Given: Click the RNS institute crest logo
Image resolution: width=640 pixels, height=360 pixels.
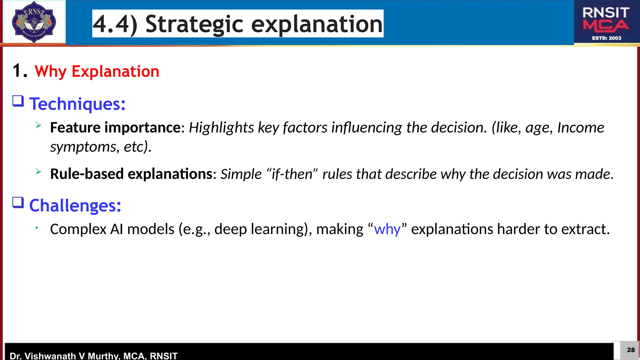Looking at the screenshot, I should [34, 22].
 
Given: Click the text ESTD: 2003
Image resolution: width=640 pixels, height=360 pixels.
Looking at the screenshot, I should [607, 38].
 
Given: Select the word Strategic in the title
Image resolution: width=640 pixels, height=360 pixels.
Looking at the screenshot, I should [194, 24].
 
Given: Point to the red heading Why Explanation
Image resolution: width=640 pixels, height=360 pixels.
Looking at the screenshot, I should [97, 71].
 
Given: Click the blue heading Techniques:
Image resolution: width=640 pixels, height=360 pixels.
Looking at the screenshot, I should [77, 104].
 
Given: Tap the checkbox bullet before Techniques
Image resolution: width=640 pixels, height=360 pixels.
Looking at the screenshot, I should [18, 101].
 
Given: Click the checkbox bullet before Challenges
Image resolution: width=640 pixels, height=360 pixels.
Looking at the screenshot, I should [18, 202].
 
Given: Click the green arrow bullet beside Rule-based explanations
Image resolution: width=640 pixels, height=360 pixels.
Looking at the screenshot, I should [38, 172].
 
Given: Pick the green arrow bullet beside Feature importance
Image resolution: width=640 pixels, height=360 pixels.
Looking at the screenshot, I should [38, 125].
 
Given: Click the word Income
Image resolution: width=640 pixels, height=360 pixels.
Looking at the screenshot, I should [581, 127].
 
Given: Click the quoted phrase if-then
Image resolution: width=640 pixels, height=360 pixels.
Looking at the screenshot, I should [292, 174].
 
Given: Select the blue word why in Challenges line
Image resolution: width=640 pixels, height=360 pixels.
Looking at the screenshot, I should [387, 229].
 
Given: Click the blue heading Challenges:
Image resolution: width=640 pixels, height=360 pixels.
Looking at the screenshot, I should [75, 206].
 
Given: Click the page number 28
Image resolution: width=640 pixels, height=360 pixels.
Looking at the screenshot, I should [631, 350].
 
